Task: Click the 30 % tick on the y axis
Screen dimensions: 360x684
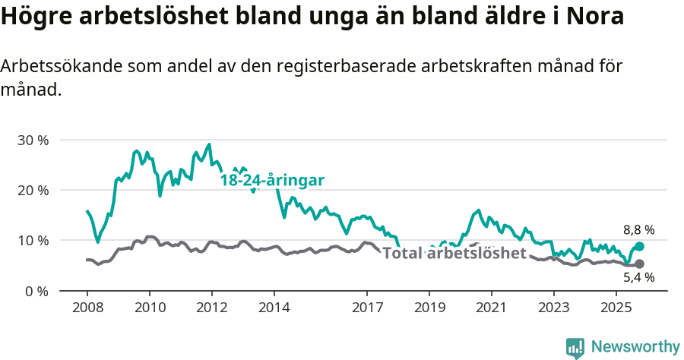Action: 32,140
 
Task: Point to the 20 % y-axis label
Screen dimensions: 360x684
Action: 32,190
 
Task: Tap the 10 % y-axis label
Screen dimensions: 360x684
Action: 32,240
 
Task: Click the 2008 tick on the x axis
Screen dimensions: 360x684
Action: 87,309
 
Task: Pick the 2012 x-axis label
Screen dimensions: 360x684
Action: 211,309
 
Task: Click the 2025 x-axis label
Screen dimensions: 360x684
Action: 615,309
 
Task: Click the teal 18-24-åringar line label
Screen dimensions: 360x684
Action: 272,180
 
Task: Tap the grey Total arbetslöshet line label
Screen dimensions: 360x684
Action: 454,253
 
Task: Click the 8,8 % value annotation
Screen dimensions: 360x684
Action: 638,229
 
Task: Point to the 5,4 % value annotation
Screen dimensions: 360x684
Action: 638,278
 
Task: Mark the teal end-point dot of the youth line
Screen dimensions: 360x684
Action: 639,247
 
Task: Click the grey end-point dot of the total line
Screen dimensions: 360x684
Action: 639,264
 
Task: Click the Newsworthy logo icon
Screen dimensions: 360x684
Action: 575,347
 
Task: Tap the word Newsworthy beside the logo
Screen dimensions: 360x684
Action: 635,347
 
